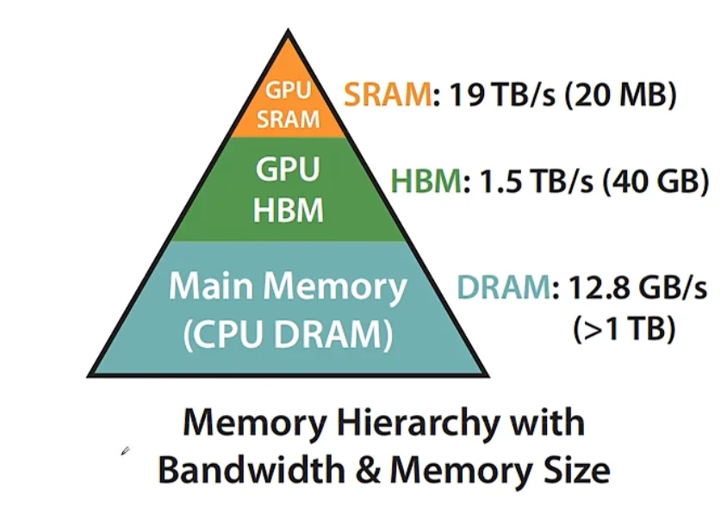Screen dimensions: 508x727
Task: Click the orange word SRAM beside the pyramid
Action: [x=386, y=95]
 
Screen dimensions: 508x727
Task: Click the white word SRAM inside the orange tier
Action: [x=289, y=120]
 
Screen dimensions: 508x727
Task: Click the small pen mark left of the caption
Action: [x=126, y=450]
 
